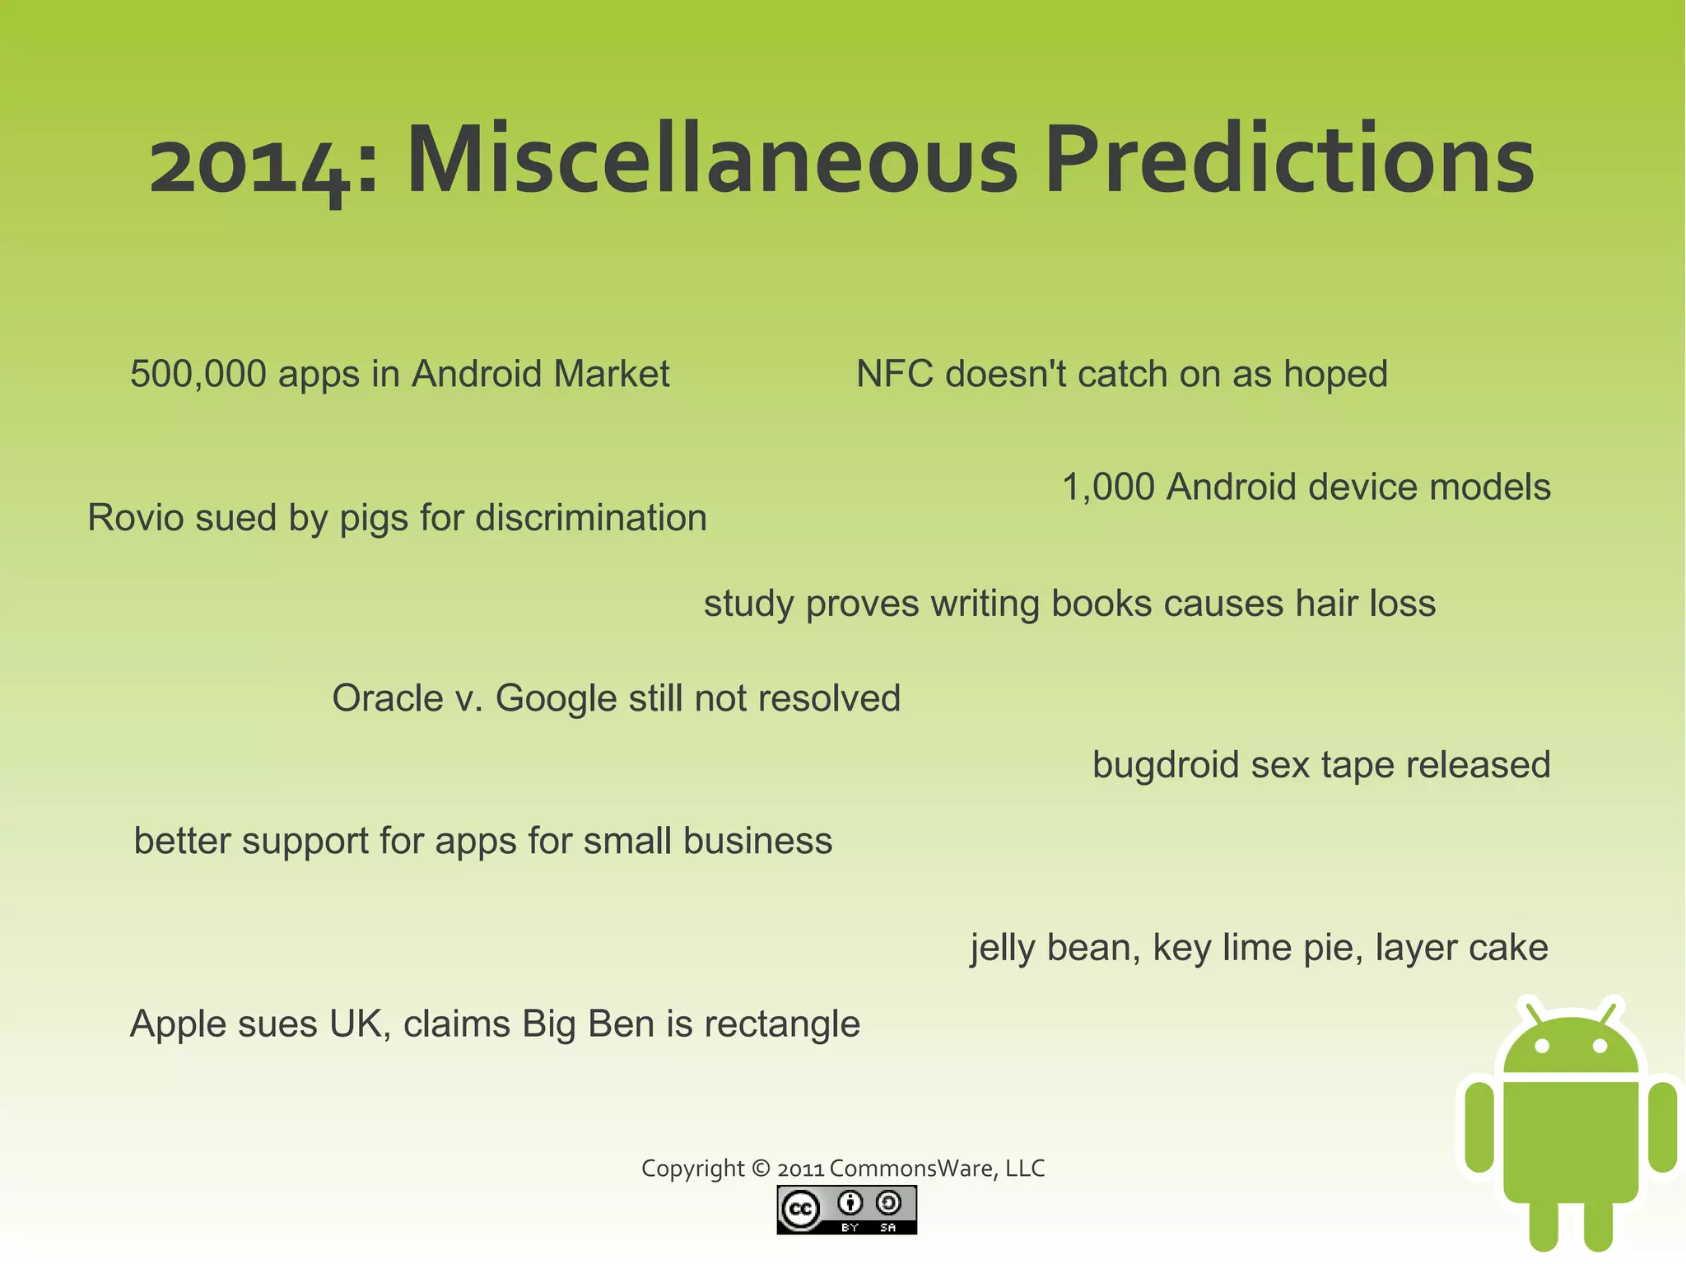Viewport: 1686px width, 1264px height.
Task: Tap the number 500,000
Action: tap(198, 375)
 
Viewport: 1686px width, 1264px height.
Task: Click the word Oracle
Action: tap(388, 698)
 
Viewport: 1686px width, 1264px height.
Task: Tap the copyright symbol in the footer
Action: tap(761, 1168)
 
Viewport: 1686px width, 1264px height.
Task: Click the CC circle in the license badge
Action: tap(799, 1210)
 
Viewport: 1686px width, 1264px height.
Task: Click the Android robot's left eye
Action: tap(1543, 1047)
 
